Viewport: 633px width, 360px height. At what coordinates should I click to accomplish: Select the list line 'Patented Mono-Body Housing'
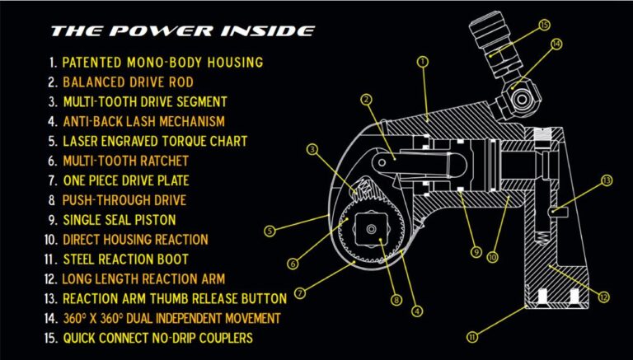pyautogui.click(x=156, y=62)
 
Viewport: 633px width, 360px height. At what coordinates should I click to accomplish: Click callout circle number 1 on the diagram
pyautogui.click(x=423, y=61)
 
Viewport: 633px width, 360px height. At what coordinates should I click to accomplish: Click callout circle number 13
pyautogui.click(x=607, y=180)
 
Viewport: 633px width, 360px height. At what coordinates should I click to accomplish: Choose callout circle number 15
pyautogui.click(x=544, y=25)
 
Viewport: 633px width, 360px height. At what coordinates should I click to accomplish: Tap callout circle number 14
pyautogui.click(x=556, y=44)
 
